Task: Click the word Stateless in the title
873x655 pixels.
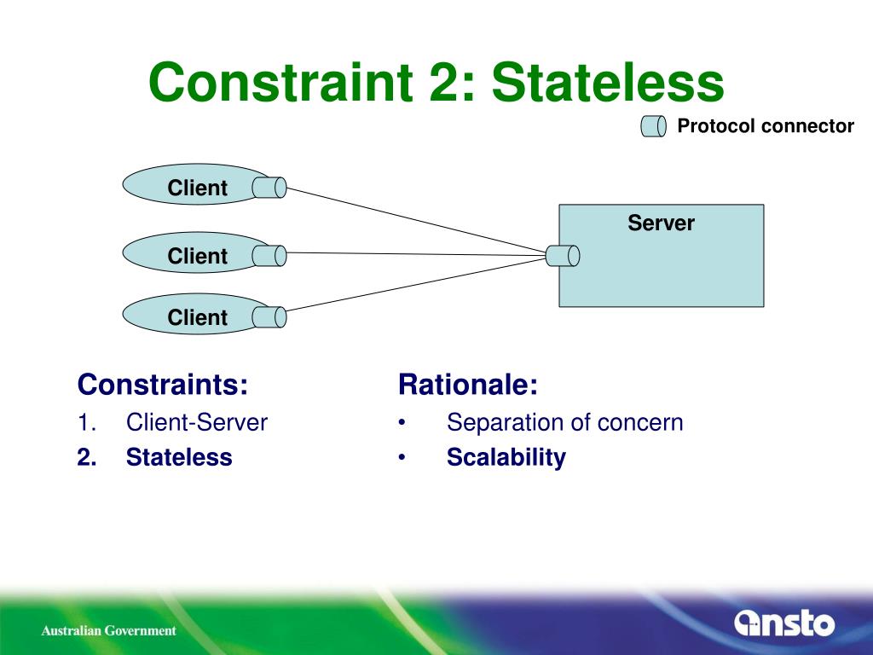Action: (x=607, y=84)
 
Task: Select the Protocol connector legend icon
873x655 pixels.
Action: (x=653, y=127)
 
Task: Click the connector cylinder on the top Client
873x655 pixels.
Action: (x=269, y=188)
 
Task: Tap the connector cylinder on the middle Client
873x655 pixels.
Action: (x=269, y=255)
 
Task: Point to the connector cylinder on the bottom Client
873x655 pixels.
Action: (x=269, y=317)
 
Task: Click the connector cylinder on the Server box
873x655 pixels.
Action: (x=563, y=255)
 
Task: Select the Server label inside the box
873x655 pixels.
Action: (x=661, y=223)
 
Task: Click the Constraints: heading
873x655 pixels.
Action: (x=163, y=385)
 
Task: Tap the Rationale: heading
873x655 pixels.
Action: (x=468, y=385)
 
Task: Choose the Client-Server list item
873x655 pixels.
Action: (x=197, y=422)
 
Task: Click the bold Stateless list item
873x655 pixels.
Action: (x=179, y=457)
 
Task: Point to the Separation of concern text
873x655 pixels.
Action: (x=564, y=422)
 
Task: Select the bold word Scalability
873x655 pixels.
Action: (x=506, y=457)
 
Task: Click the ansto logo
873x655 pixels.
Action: (x=784, y=623)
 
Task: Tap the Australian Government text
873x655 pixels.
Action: (x=109, y=631)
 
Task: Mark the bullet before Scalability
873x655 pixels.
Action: (x=402, y=458)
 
